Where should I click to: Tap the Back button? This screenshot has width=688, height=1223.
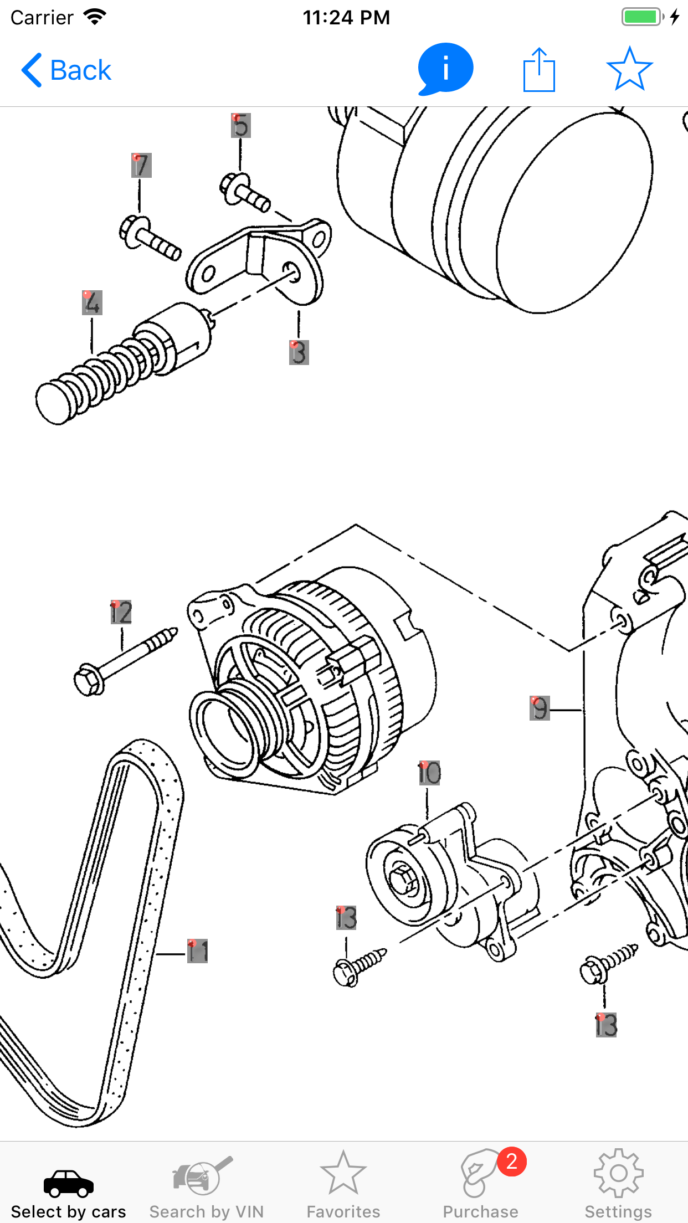coord(66,70)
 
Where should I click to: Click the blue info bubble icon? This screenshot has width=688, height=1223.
coord(445,69)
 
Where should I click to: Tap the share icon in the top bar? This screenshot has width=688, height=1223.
coord(539,70)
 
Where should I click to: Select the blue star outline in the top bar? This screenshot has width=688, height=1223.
coord(629,69)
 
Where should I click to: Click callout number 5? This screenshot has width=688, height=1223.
coord(240,125)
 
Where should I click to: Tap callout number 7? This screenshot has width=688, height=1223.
coord(141,165)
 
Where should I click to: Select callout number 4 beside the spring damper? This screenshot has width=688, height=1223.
coord(92,302)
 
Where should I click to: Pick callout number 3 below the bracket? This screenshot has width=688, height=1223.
coord(299,352)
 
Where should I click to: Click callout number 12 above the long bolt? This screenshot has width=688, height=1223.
coord(121,612)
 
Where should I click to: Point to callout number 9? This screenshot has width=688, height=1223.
coord(540,708)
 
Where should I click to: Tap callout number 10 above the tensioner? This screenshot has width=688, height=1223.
coord(429,773)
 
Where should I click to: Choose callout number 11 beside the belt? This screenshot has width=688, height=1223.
coord(197,951)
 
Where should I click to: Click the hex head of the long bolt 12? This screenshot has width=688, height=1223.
coord(88,681)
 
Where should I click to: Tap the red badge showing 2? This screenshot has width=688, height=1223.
coord(511,1162)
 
